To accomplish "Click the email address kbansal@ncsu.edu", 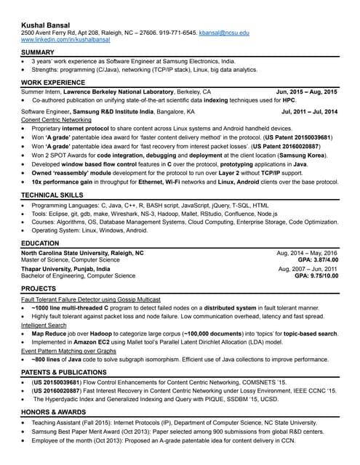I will coord(224,33).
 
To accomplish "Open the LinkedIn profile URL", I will coord(63,41).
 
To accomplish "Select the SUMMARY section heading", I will coord(38,53).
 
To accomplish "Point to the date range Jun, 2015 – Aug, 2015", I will coord(307,93).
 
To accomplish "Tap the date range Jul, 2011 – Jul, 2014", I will coord(309,113).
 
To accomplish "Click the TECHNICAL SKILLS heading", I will coord(51,195).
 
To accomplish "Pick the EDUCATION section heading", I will coord(41,243).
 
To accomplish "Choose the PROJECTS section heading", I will coord(39,289).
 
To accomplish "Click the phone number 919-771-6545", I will coord(178,33).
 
